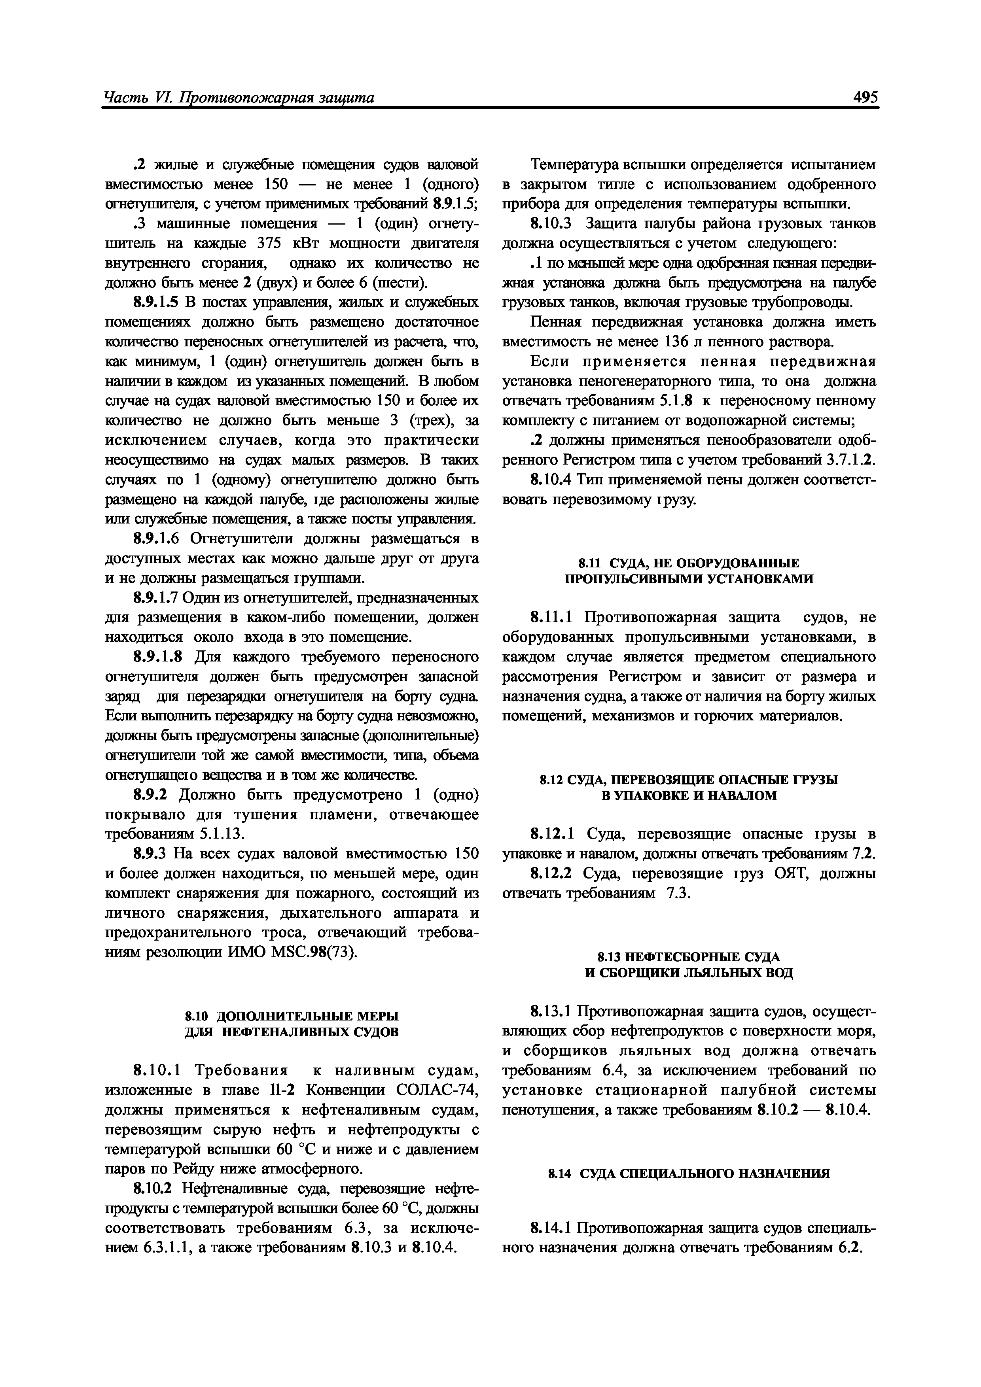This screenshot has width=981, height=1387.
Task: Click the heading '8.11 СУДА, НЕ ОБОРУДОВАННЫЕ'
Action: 688,563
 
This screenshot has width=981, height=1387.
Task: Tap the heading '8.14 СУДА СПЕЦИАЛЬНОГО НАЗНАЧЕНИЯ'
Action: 688,1174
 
